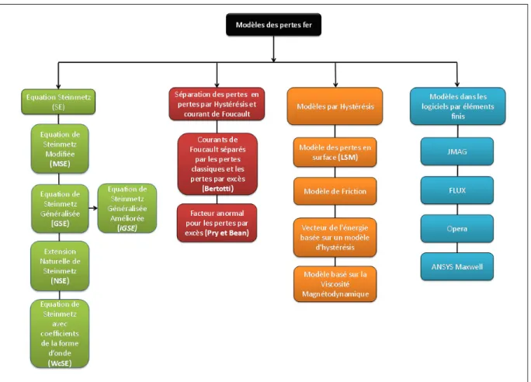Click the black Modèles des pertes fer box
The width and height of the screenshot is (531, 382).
click(273, 25)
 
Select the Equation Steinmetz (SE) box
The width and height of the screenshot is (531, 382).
click(58, 102)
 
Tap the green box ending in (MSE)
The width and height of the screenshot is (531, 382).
click(60, 148)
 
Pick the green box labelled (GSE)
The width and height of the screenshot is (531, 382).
click(60, 209)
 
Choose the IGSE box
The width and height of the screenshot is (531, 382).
click(127, 208)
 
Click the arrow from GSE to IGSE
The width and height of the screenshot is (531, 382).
click(93, 208)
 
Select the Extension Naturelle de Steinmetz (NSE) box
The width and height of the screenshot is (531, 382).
click(60, 266)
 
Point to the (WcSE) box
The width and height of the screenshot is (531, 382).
click(60, 334)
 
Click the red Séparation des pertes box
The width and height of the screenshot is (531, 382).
click(217, 104)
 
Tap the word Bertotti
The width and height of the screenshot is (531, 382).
click(217, 189)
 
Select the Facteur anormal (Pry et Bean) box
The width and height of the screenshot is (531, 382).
click(217, 223)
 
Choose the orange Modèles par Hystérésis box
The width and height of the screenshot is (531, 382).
click(335, 106)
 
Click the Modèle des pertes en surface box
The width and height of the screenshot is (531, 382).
click(335, 152)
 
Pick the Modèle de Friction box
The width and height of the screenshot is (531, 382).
click(335, 191)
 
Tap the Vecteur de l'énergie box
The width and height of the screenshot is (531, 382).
click(335, 238)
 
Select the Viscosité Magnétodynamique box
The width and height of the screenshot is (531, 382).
click(335, 284)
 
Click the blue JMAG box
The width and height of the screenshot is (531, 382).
click(457, 151)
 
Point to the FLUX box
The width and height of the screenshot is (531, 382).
click(457, 190)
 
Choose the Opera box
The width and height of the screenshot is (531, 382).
click(457, 228)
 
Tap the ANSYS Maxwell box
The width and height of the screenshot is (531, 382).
click(457, 266)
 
